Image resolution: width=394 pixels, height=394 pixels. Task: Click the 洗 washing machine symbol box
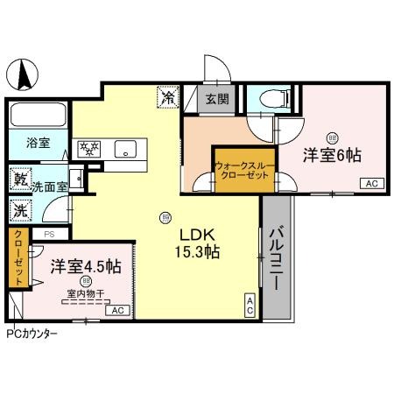[19, 211]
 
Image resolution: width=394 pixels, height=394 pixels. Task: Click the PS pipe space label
[49, 234]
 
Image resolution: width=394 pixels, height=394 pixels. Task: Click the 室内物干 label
[86, 294]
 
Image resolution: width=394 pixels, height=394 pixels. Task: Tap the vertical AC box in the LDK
[250, 304]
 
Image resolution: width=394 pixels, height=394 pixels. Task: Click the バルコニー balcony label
[275, 259]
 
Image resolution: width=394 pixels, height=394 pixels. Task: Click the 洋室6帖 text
[333, 156]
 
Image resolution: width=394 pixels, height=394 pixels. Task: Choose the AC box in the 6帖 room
[370, 183]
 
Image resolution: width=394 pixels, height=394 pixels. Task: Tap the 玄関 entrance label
[217, 100]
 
